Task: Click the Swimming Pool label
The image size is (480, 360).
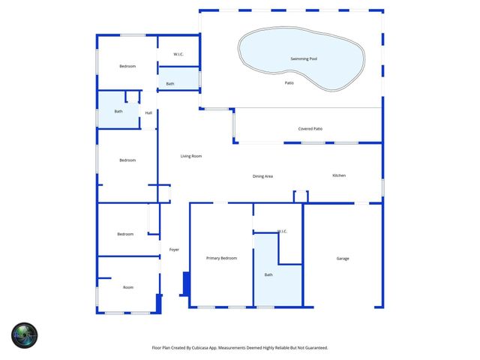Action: tap(304, 58)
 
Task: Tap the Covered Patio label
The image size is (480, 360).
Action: tap(310, 129)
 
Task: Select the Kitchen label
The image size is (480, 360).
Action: tap(339, 175)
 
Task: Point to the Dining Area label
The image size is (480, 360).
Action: tap(262, 176)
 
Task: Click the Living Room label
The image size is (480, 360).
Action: tap(191, 156)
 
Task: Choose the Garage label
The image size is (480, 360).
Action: tap(343, 259)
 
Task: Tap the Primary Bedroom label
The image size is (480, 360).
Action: tap(221, 258)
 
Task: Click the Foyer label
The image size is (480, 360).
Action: tap(174, 250)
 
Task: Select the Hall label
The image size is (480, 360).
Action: tap(148, 113)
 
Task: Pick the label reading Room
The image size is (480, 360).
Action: tap(128, 287)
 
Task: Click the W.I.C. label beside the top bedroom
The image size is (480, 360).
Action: tap(178, 55)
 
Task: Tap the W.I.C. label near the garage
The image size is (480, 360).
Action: tap(283, 231)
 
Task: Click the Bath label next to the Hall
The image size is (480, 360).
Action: tap(118, 112)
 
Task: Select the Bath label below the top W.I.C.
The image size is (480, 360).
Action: tap(170, 84)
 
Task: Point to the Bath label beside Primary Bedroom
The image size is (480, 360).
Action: tap(268, 275)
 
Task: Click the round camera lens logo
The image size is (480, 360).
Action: tap(24, 334)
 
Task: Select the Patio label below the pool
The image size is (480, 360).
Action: tap(289, 82)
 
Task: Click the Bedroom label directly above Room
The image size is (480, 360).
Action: tap(125, 234)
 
